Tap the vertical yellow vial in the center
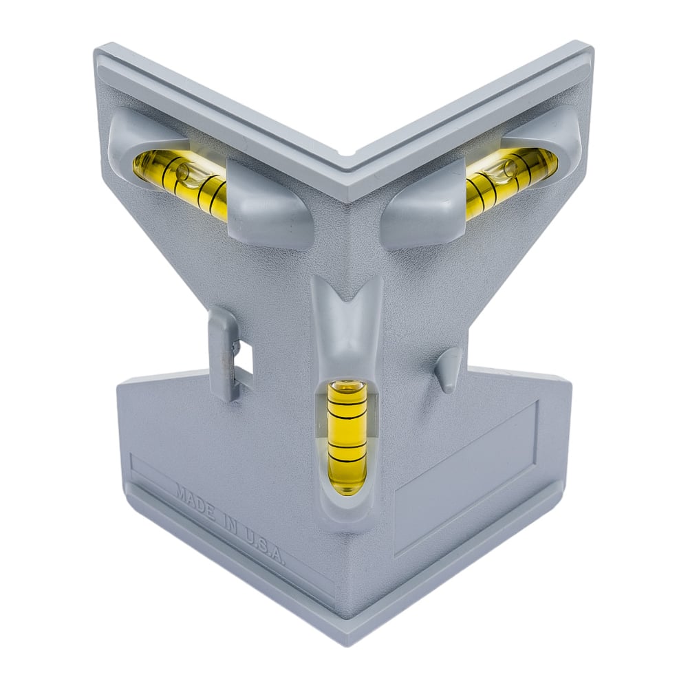(x=347, y=437)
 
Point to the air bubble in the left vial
(x=182, y=172)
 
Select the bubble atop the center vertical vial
(x=347, y=386)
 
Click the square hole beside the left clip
(x=244, y=357)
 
